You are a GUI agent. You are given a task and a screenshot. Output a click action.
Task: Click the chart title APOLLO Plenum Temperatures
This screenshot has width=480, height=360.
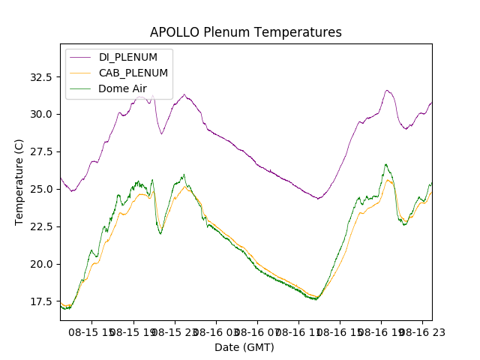click(x=245, y=32)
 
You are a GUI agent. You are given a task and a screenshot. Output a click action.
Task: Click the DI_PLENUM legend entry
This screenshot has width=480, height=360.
click(x=128, y=57)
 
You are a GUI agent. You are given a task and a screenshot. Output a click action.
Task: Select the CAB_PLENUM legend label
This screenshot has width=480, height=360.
click(x=133, y=73)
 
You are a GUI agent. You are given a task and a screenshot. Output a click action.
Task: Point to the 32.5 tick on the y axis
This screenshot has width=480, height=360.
click(x=39, y=76)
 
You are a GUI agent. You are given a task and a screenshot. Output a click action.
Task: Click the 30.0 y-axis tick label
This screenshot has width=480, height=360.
click(x=39, y=114)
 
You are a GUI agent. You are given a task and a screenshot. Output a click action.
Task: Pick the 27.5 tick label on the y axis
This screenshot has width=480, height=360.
click(x=39, y=151)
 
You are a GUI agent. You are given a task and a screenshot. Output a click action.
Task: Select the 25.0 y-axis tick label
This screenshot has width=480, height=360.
click(x=39, y=189)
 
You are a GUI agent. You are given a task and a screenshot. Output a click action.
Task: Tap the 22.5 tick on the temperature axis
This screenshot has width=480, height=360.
click(x=39, y=226)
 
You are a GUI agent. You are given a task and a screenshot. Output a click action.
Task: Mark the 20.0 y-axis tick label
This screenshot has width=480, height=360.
click(x=39, y=264)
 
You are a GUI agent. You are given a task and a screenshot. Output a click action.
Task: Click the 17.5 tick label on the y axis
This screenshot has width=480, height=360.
click(x=39, y=301)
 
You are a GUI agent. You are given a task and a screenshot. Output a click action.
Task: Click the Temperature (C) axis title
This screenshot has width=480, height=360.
click(x=19, y=182)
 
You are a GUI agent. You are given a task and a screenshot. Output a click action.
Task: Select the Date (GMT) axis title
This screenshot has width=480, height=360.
click(x=244, y=347)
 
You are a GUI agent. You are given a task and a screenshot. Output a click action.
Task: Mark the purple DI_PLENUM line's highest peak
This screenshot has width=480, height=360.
click(x=387, y=90)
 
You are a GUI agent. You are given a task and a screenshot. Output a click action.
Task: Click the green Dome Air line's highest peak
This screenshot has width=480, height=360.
click(x=385, y=164)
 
